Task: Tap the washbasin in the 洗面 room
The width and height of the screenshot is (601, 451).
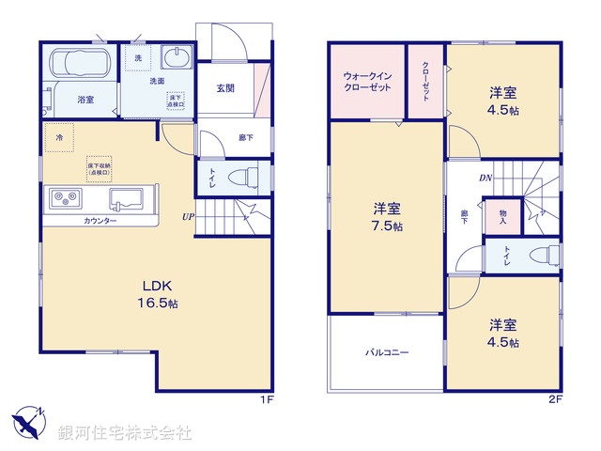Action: [175, 58]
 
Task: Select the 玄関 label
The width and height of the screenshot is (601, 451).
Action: [225, 88]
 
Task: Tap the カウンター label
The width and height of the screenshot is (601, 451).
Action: [100, 221]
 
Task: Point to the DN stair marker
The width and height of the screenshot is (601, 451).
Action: [486, 177]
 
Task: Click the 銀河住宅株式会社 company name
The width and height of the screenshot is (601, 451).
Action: [124, 433]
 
